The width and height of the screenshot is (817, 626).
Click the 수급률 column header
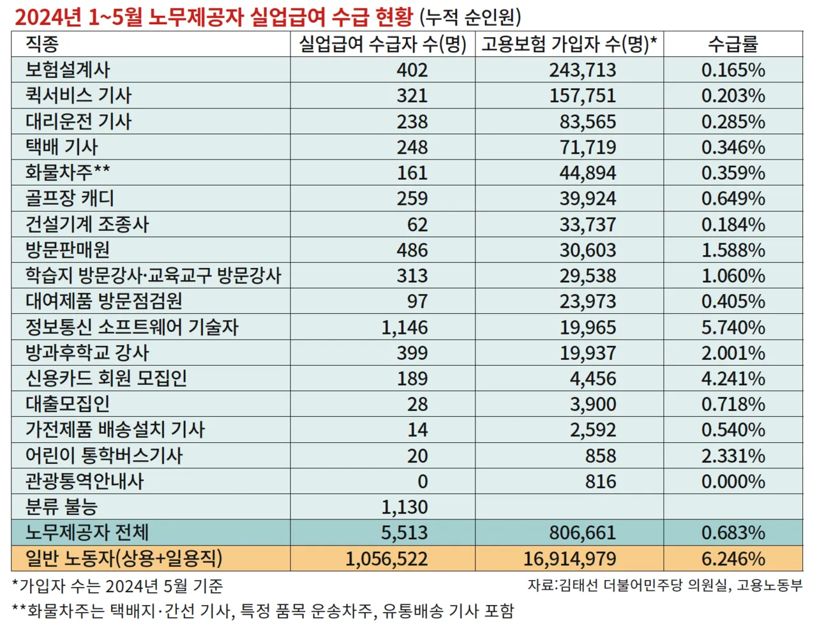click(x=733, y=44)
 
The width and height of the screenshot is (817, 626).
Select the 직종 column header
click(x=42, y=44)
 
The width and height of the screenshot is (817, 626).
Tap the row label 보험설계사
click(x=68, y=70)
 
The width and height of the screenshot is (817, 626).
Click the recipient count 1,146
click(x=405, y=327)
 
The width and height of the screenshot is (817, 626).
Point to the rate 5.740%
click(x=733, y=327)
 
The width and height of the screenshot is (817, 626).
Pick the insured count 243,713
click(x=583, y=70)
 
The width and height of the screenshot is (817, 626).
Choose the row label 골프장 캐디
click(x=70, y=198)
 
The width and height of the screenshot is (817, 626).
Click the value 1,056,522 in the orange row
click(x=387, y=559)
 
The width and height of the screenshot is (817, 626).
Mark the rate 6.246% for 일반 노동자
click(x=733, y=559)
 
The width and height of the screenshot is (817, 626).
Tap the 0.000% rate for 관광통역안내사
click(x=733, y=481)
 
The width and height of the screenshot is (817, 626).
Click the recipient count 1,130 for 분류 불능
click(x=405, y=507)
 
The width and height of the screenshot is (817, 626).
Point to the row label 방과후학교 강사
click(x=87, y=353)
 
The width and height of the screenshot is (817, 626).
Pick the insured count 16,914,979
click(x=570, y=559)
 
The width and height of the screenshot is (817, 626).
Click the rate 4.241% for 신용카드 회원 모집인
click(x=733, y=378)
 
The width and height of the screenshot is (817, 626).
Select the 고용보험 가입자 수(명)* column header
click(x=569, y=44)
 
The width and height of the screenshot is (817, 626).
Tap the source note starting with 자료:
click(x=664, y=585)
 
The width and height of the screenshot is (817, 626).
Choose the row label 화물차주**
click(x=68, y=172)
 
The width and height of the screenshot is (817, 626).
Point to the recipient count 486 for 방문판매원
click(x=412, y=250)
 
